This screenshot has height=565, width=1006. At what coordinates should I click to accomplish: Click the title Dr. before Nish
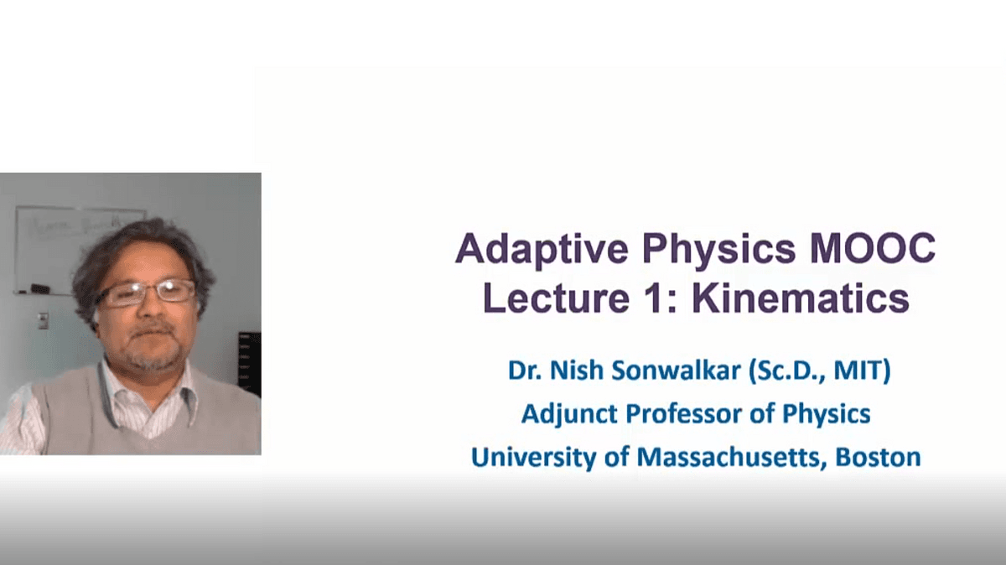(x=524, y=370)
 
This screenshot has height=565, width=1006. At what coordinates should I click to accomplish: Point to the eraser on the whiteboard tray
(x=39, y=289)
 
